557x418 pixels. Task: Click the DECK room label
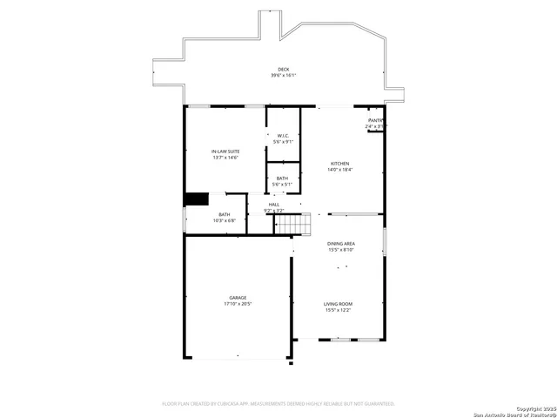(x=283, y=70)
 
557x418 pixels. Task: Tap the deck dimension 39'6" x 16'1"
(x=283, y=76)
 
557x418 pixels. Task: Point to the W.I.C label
(x=283, y=135)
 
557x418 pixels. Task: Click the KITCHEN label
(x=339, y=164)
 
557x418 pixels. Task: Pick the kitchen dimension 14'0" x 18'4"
(x=339, y=170)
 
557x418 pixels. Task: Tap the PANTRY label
(x=376, y=120)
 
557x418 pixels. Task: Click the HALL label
(x=274, y=205)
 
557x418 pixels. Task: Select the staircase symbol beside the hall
(x=293, y=224)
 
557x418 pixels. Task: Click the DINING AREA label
(x=339, y=244)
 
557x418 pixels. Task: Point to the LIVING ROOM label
(x=339, y=304)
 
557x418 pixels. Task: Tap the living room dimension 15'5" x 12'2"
(x=339, y=310)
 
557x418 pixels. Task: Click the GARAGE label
(x=238, y=298)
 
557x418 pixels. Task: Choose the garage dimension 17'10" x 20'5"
(x=238, y=304)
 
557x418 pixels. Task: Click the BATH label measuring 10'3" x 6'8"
(x=225, y=214)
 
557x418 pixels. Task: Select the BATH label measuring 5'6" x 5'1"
(x=283, y=178)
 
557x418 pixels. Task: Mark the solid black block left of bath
(x=197, y=199)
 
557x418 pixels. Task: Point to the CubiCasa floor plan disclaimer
(x=278, y=403)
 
